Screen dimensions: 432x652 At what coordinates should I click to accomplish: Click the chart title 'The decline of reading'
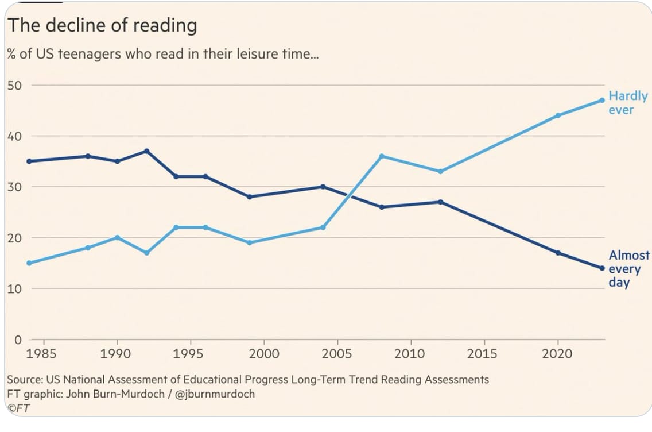(102, 26)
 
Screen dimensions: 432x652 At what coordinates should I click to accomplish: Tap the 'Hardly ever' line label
(627, 103)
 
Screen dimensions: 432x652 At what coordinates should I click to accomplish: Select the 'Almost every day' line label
(628, 269)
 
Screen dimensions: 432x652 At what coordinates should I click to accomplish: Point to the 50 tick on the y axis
(14, 85)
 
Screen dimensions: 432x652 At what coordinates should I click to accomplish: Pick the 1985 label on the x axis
(41, 353)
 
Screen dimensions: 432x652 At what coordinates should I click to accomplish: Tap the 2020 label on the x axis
(557, 353)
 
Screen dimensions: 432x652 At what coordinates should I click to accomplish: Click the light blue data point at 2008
(382, 156)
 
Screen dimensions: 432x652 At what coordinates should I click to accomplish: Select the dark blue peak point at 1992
(147, 151)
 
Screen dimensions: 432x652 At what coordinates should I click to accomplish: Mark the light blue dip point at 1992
(147, 253)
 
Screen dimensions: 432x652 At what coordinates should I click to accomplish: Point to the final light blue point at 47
(602, 100)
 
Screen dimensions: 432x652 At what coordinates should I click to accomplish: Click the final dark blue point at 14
(602, 268)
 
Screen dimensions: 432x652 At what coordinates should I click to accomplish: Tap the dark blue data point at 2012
(440, 202)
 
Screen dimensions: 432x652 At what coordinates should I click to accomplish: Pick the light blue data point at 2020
(558, 115)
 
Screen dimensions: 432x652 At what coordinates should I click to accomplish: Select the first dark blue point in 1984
(29, 161)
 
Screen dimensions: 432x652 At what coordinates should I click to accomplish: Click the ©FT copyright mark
(18, 408)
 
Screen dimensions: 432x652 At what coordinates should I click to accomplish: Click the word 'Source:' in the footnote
(25, 380)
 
